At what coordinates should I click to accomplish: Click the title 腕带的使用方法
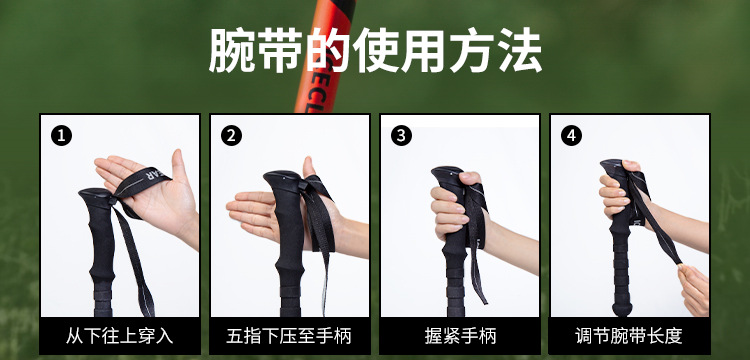coord(375,51)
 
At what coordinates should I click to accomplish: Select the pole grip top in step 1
coord(95,196)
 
